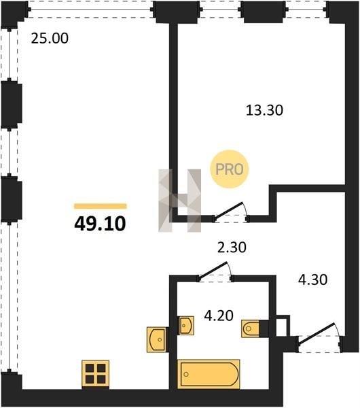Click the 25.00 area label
tap(50, 38)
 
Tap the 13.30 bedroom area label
tap(264, 110)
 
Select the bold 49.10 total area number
tap(100, 224)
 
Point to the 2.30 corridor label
tap(232, 248)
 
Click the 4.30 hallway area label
tap(312, 280)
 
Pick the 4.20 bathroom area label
tap(219, 316)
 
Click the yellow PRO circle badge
tap(230, 169)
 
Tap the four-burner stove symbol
tap(95, 373)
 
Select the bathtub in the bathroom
tap(209, 374)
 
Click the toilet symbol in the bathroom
tap(250, 328)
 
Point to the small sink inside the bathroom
tap(185, 325)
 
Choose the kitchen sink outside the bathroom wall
tap(156, 339)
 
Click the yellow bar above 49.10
tap(101, 206)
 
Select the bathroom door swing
tap(215, 271)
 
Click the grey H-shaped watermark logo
tap(179, 201)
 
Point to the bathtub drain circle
tap(186, 374)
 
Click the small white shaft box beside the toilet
tap(281, 326)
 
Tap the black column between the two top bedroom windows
tap(264, 12)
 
